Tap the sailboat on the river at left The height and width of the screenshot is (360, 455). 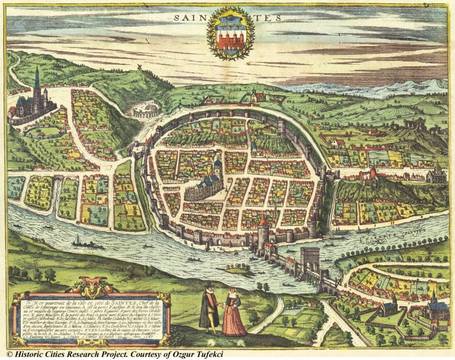coord(78,240)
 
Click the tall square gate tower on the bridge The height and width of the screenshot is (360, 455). coord(310,259)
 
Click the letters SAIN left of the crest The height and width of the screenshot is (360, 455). coord(191,18)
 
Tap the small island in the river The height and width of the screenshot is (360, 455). coord(235,271)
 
